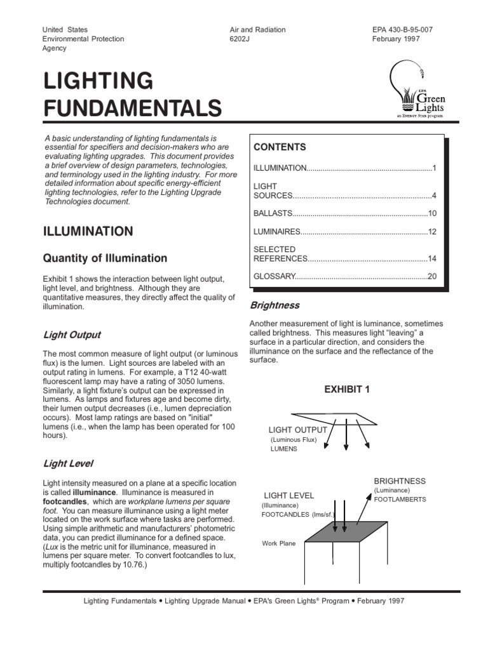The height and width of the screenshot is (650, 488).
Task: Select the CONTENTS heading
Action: tap(280, 147)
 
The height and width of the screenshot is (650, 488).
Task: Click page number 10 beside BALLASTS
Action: tap(432, 213)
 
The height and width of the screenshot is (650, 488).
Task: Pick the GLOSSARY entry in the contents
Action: tap(275, 277)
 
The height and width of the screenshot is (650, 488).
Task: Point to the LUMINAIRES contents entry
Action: tap(276, 232)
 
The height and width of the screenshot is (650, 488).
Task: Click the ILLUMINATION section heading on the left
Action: tap(88, 232)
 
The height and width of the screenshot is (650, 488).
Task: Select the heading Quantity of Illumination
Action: tap(105, 258)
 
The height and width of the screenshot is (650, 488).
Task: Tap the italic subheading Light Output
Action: tap(72, 335)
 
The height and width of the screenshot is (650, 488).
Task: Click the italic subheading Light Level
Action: tap(68, 465)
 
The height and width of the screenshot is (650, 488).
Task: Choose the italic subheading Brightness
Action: tap(274, 305)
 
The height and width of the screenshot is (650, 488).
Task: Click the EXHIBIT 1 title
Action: tap(347, 389)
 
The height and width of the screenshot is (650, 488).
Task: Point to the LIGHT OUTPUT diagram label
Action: tap(298, 430)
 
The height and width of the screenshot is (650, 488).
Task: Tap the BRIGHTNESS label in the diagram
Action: tap(400, 481)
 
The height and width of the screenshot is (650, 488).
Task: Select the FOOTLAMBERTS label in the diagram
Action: tap(400, 500)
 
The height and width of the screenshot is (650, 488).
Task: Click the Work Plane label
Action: tap(279, 543)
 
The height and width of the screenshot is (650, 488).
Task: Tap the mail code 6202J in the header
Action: tap(242, 39)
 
